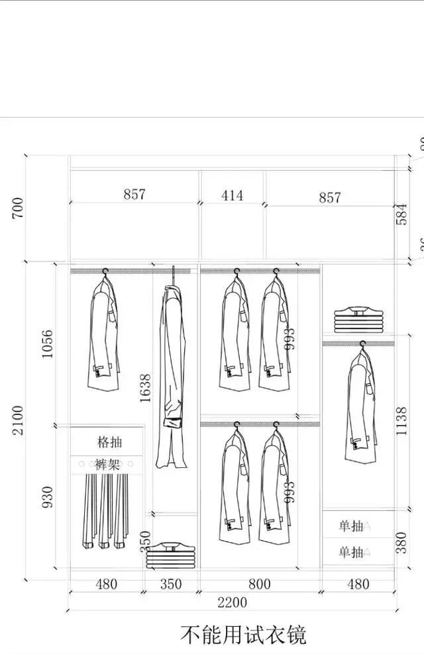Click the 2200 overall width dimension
(231, 602)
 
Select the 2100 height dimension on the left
(18, 420)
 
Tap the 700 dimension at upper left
(18, 208)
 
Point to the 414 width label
(232, 195)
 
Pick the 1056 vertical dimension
(47, 344)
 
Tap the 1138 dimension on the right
(401, 420)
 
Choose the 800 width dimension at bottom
(260, 584)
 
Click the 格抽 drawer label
(109, 442)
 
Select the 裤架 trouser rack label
(107, 465)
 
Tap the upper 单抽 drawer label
(351, 526)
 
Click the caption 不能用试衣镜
(243, 635)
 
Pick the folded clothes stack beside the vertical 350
(172, 555)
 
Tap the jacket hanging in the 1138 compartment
(361, 407)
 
